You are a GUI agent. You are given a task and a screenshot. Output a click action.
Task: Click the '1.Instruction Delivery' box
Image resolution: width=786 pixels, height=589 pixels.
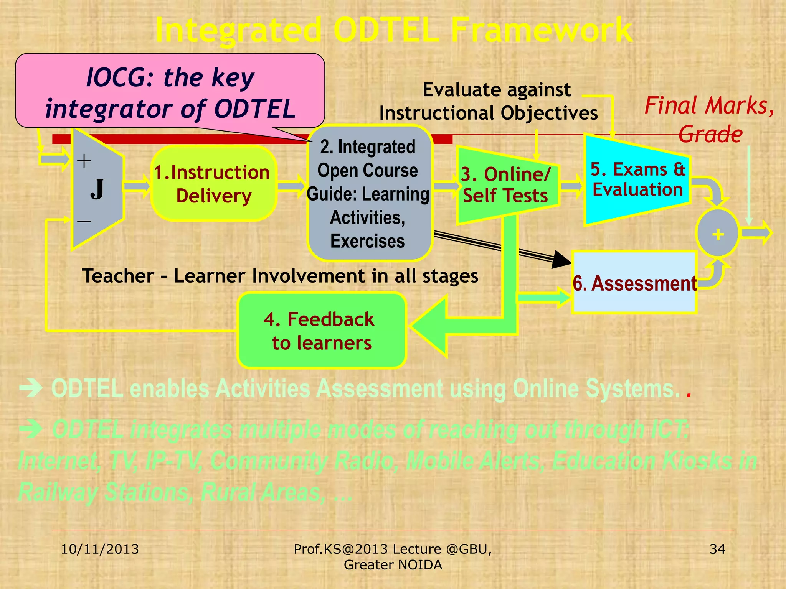point(213,184)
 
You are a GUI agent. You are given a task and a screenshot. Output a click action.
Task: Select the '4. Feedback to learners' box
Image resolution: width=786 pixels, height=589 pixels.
point(322,331)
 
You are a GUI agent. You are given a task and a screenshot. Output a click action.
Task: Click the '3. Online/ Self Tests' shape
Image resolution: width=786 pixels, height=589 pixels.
point(506,185)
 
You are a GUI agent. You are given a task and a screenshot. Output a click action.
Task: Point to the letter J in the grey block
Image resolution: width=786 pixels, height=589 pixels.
point(97,189)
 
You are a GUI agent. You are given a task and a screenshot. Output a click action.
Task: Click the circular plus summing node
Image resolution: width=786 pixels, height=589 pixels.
point(717,234)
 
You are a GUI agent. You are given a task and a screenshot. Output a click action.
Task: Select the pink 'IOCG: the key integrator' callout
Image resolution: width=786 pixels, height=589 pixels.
point(170,92)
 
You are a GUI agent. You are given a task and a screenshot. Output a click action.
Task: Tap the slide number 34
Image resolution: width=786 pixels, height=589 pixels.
point(717,549)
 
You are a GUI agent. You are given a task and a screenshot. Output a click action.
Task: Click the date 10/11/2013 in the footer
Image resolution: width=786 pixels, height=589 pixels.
point(100,549)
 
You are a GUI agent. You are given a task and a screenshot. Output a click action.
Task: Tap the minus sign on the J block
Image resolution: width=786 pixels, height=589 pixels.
point(84,221)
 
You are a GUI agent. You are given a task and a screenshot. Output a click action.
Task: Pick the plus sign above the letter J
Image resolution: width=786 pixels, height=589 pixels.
point(84,161)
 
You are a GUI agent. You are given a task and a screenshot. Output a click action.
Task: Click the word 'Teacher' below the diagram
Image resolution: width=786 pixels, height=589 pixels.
point(118,276)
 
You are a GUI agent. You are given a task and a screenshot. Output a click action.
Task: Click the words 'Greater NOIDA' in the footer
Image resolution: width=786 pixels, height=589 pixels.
point(393,565)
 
